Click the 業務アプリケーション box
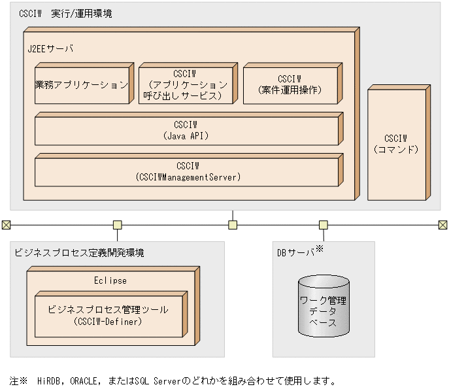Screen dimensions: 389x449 coord(81,85)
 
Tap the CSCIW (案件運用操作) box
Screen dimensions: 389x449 coord(290,85)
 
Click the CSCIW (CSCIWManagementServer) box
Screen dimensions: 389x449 coord(186,171)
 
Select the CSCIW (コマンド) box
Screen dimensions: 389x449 coord(395,144)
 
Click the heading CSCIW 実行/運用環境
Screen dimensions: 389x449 coord(65,13)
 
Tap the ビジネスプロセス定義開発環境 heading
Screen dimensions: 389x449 coord(79,252)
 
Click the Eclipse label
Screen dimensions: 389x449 coord(110,280)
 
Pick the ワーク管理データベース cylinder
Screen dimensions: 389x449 coord(323,306)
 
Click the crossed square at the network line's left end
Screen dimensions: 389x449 coord(6,225)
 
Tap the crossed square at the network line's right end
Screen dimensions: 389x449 coord(442,225)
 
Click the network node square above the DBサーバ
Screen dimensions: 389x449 coord(323,225)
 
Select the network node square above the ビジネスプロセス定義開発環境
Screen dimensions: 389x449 coord(117,225)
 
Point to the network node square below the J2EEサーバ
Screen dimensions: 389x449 coord(233,225)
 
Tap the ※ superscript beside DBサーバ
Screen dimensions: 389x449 coord(320,248)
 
